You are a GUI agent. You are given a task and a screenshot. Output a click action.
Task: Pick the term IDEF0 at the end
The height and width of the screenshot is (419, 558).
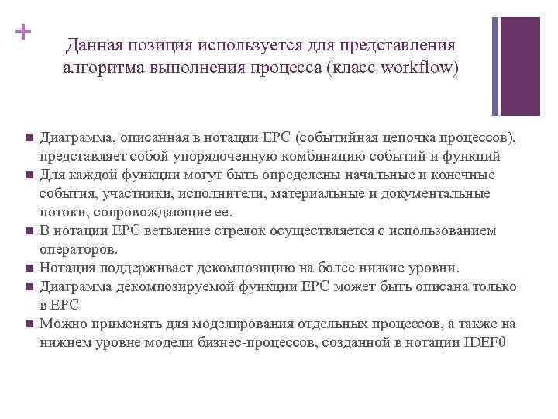point(484,342)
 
